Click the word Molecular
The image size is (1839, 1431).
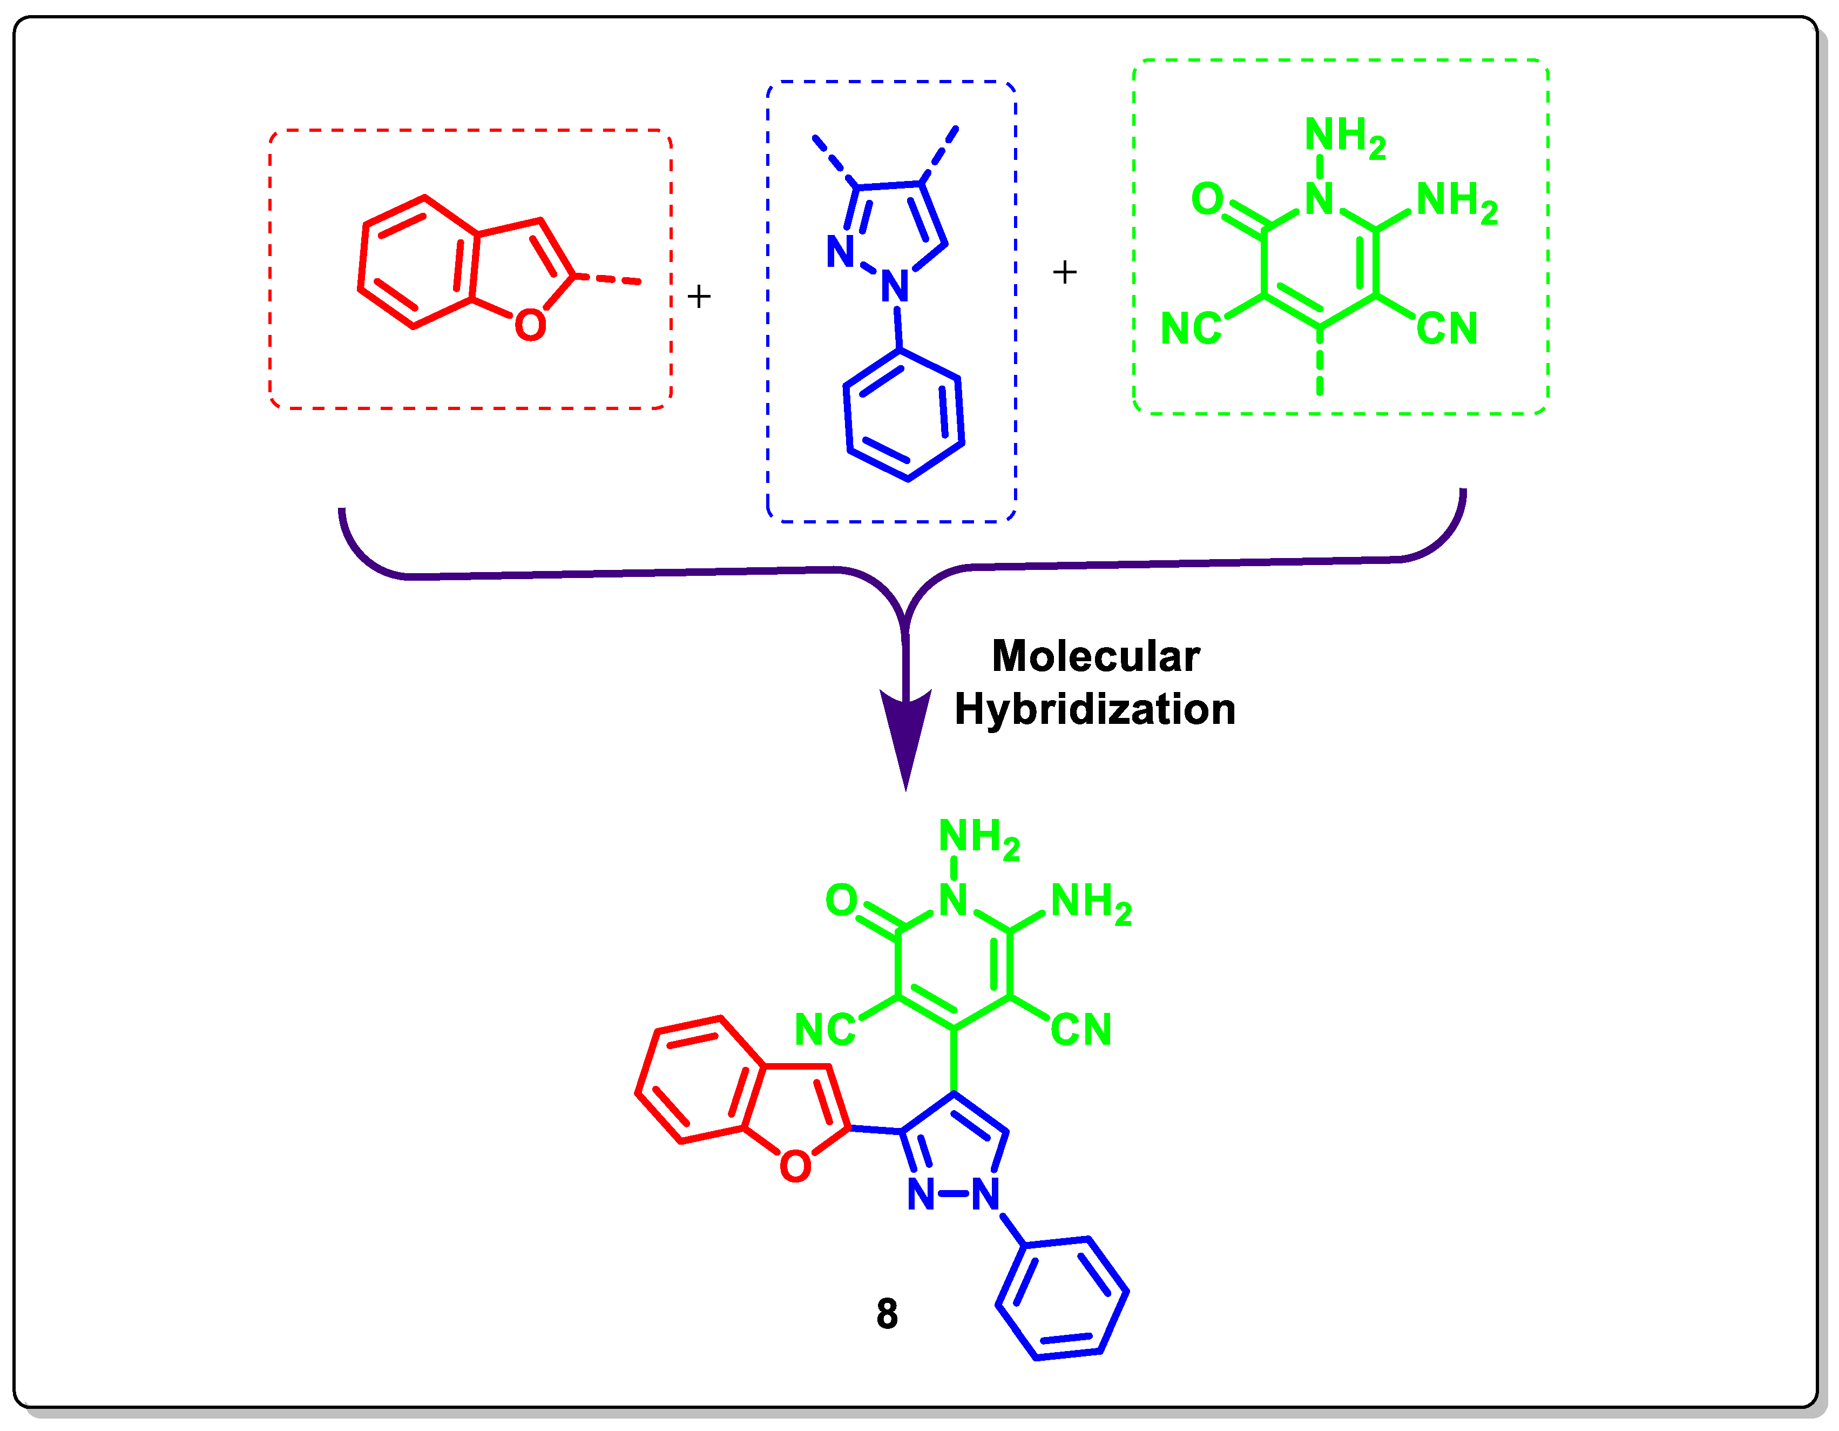(1094, 656)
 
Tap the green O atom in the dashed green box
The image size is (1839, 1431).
(1207, 199)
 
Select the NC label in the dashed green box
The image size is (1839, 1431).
(1190, 328)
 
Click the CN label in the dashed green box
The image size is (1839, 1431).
(1446, 328)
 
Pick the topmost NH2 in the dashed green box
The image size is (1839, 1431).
(1344, 137)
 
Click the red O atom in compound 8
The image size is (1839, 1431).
(795, 1166)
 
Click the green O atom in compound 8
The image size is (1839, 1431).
(841, 901)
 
